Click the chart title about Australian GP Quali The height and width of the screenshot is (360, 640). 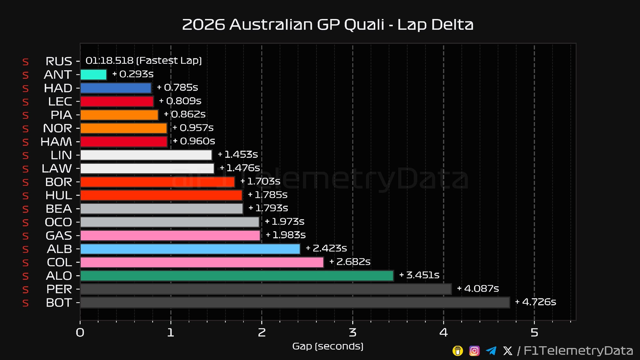(327, 25)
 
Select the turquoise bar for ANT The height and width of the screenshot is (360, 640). (93, 75)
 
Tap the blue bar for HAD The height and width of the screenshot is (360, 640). (116, 88)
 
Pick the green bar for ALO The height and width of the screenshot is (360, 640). (237, 276)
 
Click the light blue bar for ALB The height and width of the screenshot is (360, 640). (190, 249)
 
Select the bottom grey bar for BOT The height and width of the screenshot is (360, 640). (295, 302)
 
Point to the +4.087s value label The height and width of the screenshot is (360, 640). (478, 288)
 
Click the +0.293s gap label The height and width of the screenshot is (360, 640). (133, 74)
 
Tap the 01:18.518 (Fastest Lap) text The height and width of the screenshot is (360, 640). (143, 61)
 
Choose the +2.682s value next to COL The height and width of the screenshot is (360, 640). (350, 262)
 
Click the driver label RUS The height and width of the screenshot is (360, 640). (59, 61)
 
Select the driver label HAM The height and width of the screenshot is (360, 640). (56, 142)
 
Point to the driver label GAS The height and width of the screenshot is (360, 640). (59, 236)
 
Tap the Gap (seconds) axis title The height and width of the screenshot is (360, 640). (327, 346)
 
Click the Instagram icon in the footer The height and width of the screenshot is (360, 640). (474, 351)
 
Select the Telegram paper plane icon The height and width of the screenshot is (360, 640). (491, 351)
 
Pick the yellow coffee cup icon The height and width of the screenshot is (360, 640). (458, 351)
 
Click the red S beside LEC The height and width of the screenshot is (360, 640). (25, 102)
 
